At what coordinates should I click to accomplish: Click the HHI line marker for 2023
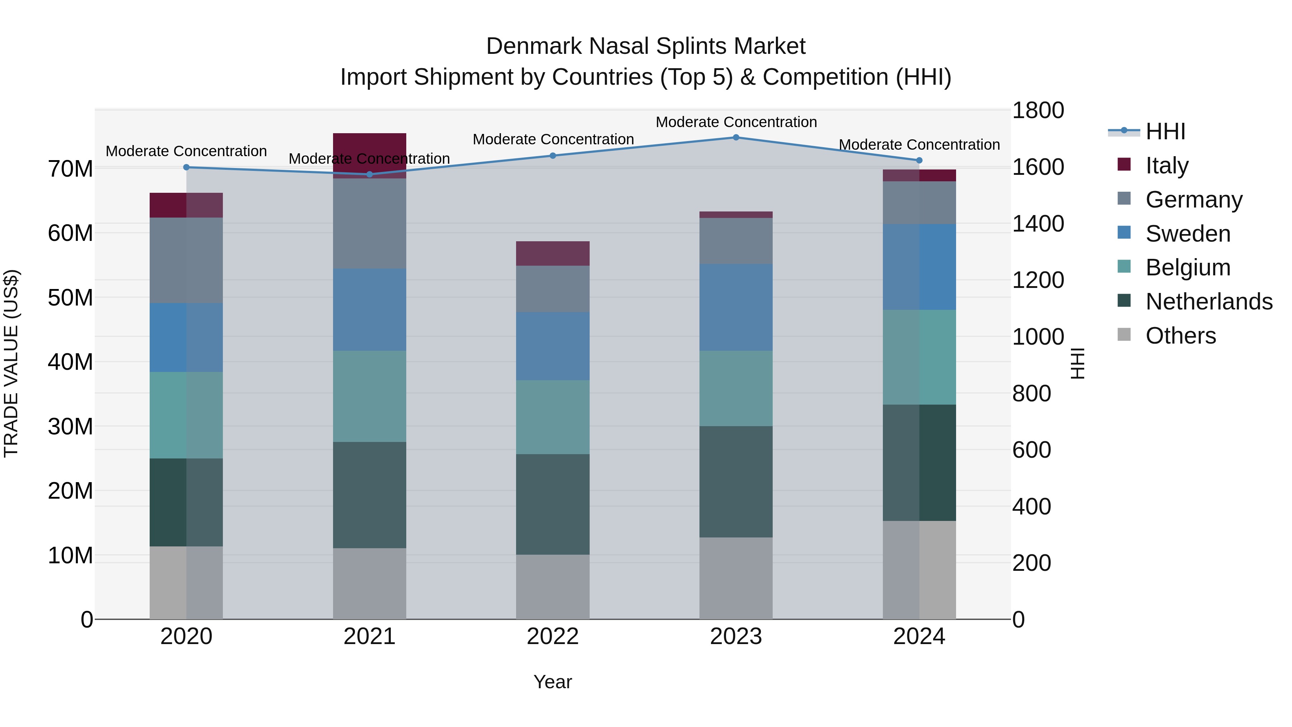(x=736, y=138)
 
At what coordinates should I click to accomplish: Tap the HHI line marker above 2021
(x=370, y=174)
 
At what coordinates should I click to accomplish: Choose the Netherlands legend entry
(x=1209, y=302)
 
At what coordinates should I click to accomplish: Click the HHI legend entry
(x=1165, y=131)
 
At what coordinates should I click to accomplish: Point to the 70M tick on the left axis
(x=70, y=169)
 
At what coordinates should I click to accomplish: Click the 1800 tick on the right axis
(x=1038, y=110)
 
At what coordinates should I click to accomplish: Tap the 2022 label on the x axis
(x=553, y=637)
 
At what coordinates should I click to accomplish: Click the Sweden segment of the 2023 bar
(x=736, y=307)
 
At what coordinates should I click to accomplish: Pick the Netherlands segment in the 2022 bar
(x=553, y=504)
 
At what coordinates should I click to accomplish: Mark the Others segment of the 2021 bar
(x=370, y=583)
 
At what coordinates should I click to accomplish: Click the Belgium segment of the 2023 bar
(x=736, y=388)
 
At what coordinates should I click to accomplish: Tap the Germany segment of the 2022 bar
(x=553, y=289)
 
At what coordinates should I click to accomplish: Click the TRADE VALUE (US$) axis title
(x=11, y=363)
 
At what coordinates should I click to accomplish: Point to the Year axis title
(x=553, y=682)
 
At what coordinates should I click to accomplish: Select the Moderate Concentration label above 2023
(x=736, y=122)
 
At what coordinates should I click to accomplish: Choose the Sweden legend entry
(x=1188, y=234)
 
